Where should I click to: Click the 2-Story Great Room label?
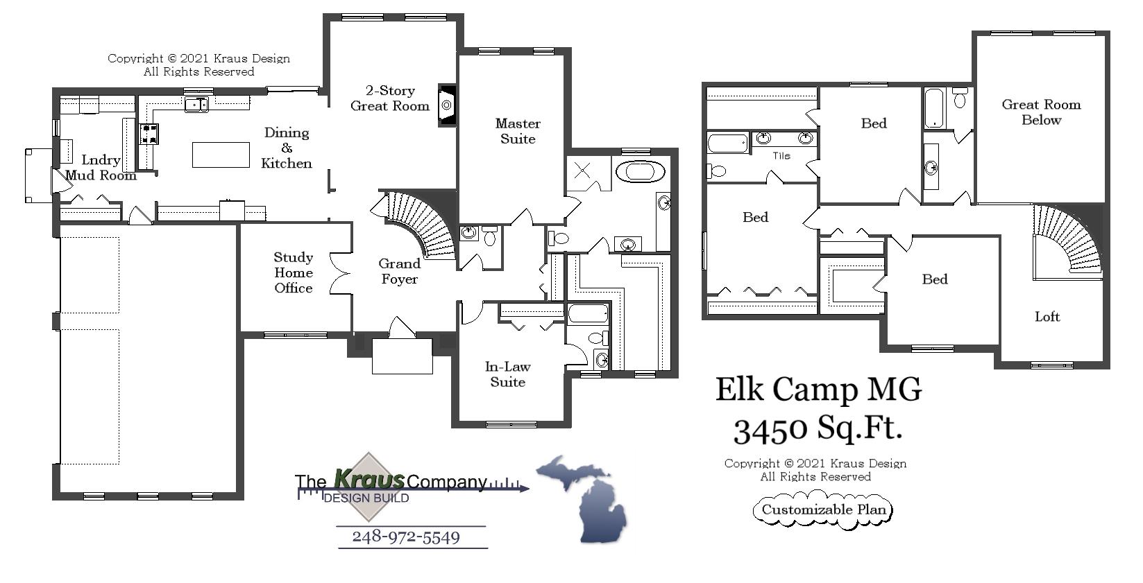[389, 98]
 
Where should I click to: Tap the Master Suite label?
[518, 131]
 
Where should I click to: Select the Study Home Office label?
[293, 272]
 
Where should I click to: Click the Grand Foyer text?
[399, 271]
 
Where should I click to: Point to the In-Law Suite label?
[507, 374]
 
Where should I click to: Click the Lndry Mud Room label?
[101, 167]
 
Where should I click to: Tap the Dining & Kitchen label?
[287, 148]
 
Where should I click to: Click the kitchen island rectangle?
[221, 155]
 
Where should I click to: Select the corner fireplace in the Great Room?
[447, 105]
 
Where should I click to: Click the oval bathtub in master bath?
[641, 171]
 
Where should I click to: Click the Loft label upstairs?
[1047, 317]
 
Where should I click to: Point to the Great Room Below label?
[1041, 112]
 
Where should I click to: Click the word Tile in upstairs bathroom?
[781, 156]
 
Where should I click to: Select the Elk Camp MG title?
[818, 390]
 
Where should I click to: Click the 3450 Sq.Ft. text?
[818, 428]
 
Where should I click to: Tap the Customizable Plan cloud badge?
[823, 510]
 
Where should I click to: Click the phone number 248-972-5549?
[406, 537]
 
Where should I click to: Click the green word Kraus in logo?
[369, 478]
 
